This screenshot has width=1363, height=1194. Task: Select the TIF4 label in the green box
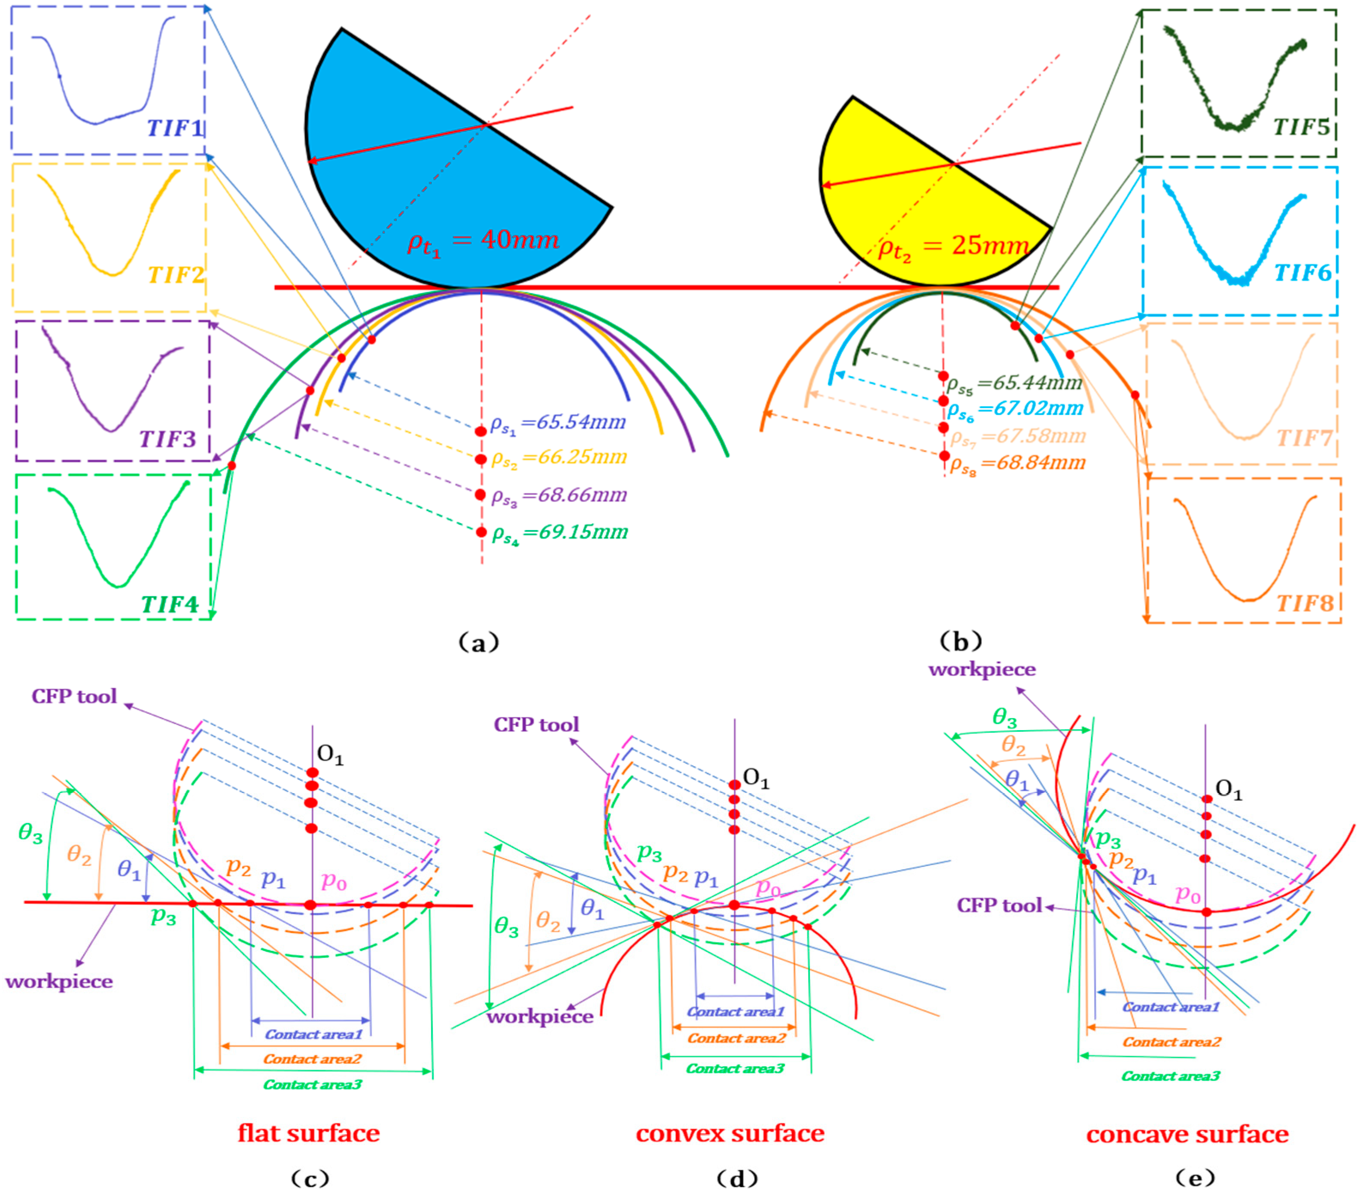point(170,604)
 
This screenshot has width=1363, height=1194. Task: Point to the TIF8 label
point(1304,603)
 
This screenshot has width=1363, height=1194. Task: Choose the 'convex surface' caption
point(730,1133)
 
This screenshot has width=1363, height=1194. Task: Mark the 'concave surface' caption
point(1187,1133)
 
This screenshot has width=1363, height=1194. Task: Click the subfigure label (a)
point(478,642)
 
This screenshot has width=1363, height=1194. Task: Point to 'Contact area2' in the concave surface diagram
point(1171,1042)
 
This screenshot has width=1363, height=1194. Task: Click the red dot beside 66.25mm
point(481,459)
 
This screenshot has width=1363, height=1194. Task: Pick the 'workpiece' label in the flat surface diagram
point(59,981)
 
